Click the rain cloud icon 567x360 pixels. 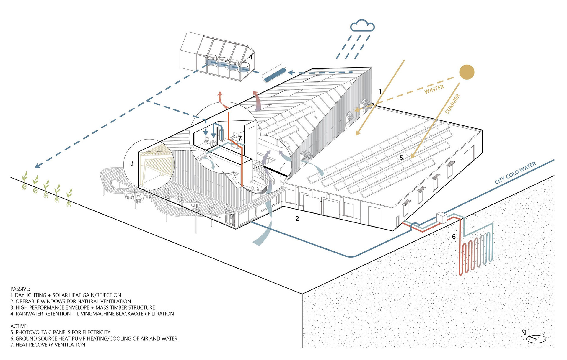362,26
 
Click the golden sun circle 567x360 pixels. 467,72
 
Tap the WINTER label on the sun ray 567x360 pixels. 434,89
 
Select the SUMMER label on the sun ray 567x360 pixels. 452,104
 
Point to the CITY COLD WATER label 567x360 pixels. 515,173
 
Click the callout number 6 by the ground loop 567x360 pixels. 454,237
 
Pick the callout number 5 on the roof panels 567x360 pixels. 401,158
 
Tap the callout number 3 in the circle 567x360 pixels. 132,163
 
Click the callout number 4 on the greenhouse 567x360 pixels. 250,57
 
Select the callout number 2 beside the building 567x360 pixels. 297,219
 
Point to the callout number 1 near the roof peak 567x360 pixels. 380,92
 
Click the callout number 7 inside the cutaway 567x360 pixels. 240,138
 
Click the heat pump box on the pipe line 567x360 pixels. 442,218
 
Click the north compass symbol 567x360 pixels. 536,338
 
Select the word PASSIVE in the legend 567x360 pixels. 20,289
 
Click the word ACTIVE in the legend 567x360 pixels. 19,326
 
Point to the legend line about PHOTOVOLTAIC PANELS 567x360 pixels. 60,332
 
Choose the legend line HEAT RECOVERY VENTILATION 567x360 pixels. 48,345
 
